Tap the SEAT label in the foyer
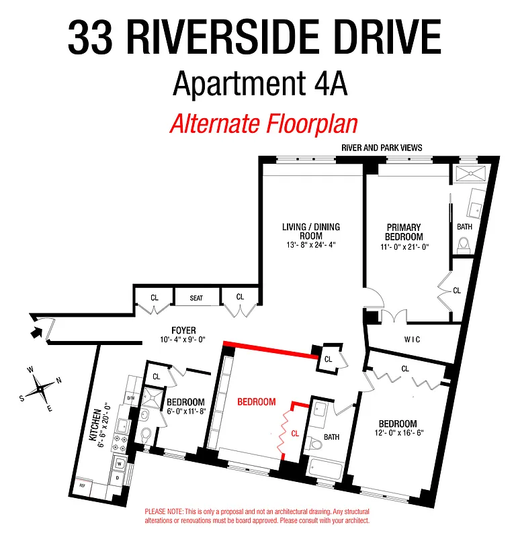pyautogui.click(x=196, y=297)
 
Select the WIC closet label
pyautogui.click(x=413, y=340)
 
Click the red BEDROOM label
pyautogui.click(x=257, y=402)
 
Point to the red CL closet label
pyautogui.click(x=295, y=434)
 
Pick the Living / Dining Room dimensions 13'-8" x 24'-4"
pyautogui.click(x=311, y=245)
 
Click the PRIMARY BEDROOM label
pyautogui.click(x=404, y=232)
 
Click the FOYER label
pyautogui.click(x=183, y=330)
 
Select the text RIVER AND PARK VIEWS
pyautogui.click(x=382, y=148)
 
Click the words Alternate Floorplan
pyautogui.click(x=263, y=125)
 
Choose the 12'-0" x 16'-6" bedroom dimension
pyautogui.click(x=398, y=434)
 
